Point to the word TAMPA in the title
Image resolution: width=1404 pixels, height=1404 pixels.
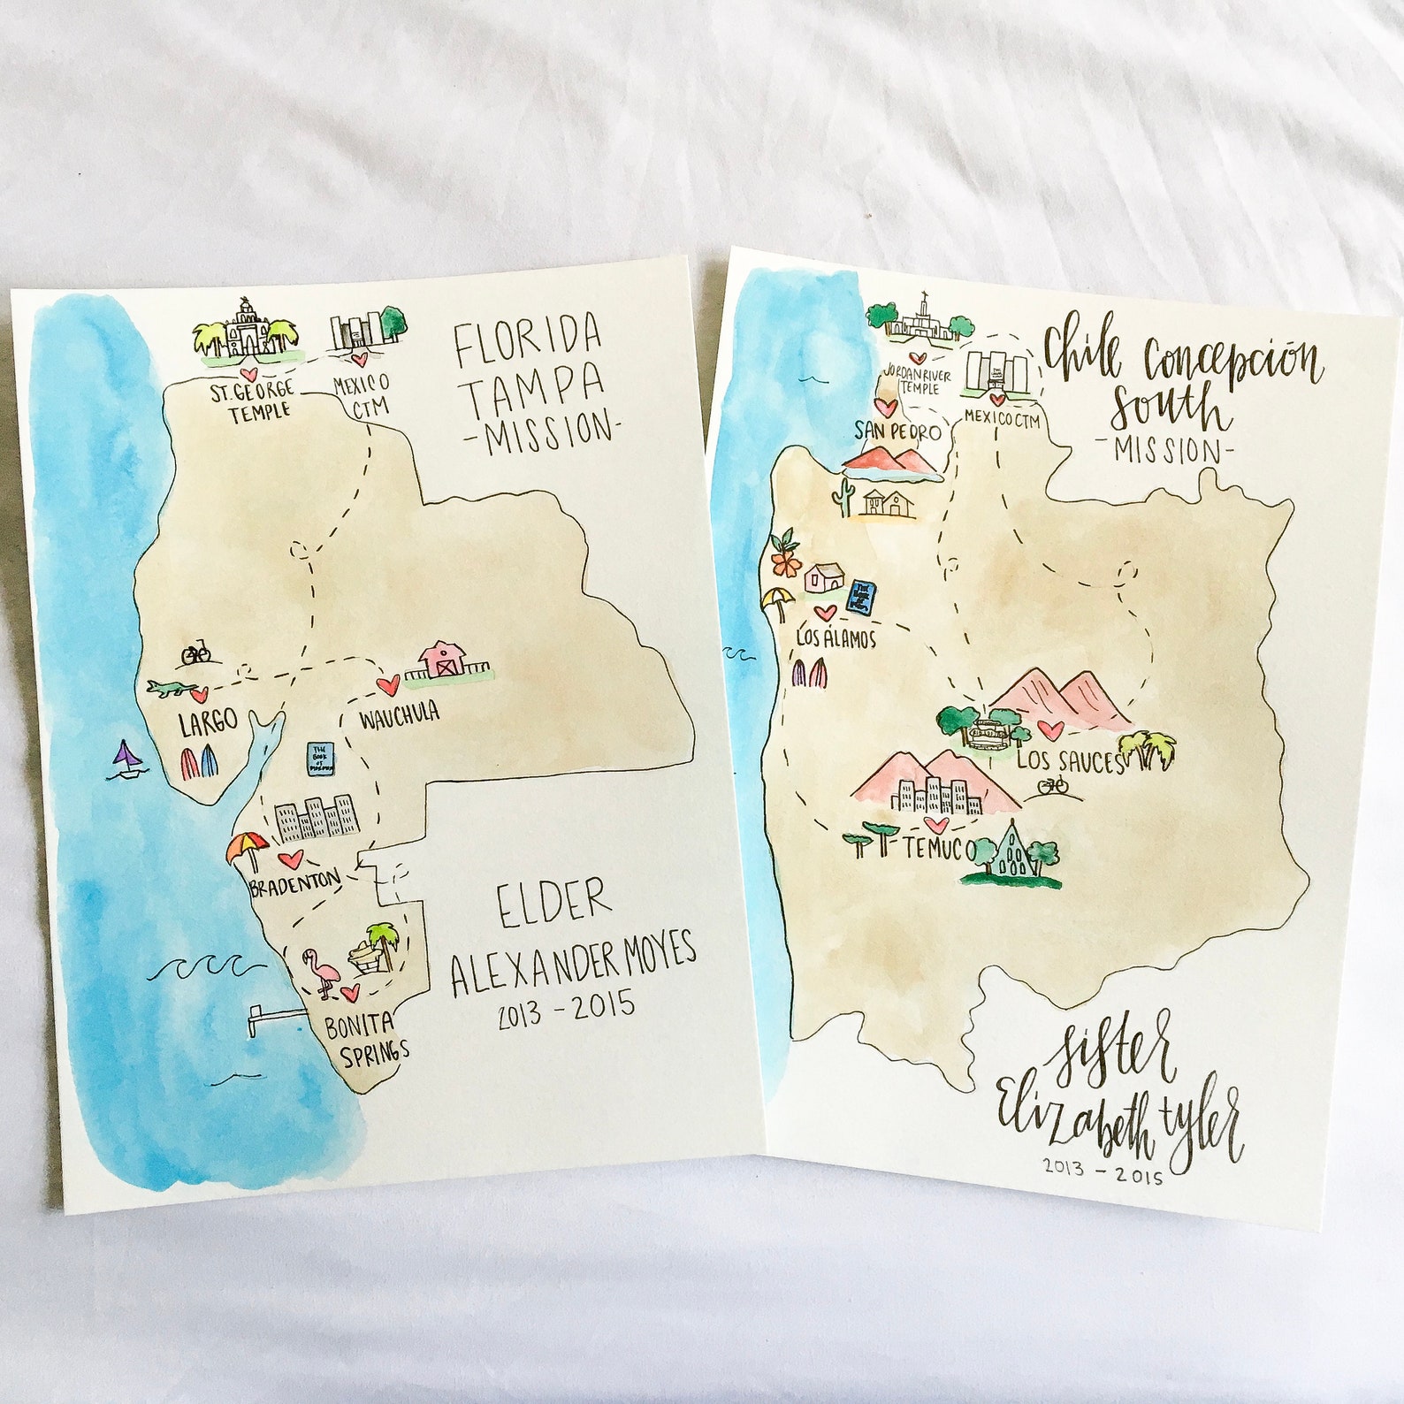[536, 387]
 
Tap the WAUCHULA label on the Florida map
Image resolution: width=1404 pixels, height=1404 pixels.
[400, 716]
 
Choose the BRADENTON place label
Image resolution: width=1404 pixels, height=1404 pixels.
[294, 881]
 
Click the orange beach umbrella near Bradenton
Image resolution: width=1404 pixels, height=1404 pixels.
[247, 850]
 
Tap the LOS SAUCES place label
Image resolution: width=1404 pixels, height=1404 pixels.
[1069, 761]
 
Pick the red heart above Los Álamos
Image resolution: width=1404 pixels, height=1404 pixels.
[824, 613]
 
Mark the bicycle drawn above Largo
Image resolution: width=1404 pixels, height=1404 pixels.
[196, 654]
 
